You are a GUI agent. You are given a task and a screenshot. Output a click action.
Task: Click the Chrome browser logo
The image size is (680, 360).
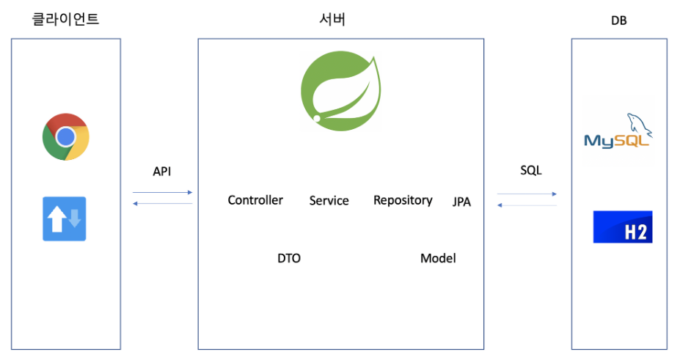point(66,136)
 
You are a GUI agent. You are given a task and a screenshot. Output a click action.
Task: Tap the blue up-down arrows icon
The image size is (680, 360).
point(65,218)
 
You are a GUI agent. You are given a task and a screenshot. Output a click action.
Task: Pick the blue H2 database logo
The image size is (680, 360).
point(623,227)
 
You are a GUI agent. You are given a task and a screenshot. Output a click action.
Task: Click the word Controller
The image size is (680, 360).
point(255,200)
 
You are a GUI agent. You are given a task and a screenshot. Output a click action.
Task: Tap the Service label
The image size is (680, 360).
point(329,201)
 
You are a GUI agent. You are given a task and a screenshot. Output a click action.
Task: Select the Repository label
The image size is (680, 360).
point(403,200)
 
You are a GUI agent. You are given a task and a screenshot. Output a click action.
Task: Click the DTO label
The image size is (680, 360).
point(289,258)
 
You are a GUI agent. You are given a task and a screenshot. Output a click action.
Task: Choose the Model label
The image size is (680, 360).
point(438,258)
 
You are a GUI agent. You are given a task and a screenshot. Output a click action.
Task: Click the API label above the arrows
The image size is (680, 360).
point(161,172)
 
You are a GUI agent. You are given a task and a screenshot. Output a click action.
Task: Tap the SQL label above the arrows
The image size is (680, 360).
point(531,171)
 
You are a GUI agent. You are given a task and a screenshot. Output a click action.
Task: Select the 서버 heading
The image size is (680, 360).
point(327,20)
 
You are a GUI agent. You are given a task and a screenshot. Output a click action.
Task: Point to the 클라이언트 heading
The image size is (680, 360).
point(66,20)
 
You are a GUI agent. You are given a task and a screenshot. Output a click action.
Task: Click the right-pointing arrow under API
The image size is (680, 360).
point(162,192)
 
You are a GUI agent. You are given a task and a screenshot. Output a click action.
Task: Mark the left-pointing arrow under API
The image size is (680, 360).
point(162,203)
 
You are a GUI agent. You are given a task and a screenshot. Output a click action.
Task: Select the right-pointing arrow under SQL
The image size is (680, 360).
point(527,194)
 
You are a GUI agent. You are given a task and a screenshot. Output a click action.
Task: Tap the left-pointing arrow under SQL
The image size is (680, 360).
point(527,205)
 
